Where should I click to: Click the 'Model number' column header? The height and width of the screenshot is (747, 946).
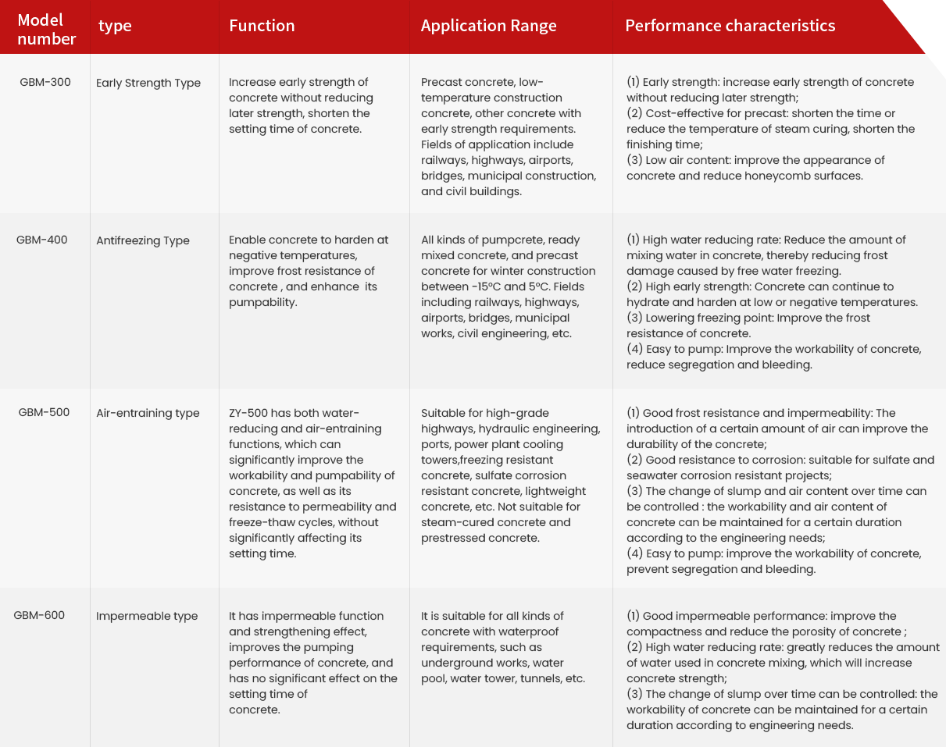[x=46, y=29]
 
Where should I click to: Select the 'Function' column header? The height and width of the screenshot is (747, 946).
[x=262, y=26]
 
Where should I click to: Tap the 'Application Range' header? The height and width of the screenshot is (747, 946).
[x=488, y=26]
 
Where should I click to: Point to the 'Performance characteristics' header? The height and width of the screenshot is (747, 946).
[x=730, y=26]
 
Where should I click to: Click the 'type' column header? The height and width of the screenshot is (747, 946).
[x=115, y=26]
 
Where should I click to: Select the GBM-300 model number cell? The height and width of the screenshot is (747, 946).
[x=45, y=82]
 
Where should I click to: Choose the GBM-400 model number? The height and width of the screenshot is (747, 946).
[x=42, y=240]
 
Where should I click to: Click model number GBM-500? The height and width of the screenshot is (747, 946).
[x=44, y=412]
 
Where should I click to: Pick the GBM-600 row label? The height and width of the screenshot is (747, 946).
[x=39, y=615]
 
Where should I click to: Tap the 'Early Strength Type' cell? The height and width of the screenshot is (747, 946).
[x=148, y=83]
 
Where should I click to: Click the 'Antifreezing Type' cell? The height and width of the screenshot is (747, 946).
[x=143, y=240]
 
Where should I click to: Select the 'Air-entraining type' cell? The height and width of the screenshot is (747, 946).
[x=148, y=413]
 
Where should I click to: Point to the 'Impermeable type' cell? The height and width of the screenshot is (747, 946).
[x=147, y=616]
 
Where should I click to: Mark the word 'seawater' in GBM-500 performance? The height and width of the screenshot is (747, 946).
[x=651, y=475]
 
